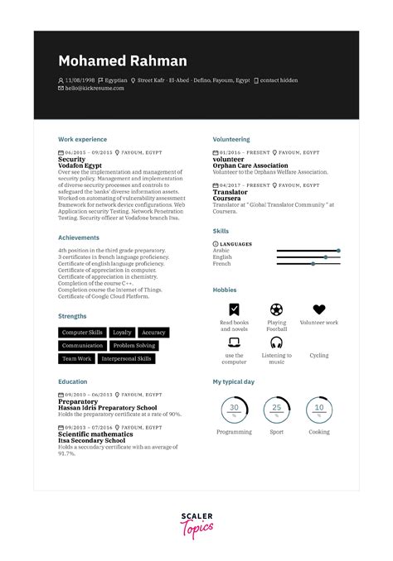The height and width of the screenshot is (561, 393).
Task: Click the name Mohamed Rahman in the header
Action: pyautogui.click(x=123, y=61)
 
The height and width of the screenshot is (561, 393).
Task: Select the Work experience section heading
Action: pyautogui.click(x=83, y=140)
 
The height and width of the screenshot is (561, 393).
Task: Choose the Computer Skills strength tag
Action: pyautogui.click(x=82, y=332)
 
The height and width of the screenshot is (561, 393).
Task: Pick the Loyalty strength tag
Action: pyautogui.click(x=122, y=332)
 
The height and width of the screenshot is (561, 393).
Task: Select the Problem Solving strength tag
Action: pyautogui.click(x=134, y=345)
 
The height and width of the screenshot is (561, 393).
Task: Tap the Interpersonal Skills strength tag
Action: pyautogui.click(x=126, y=359)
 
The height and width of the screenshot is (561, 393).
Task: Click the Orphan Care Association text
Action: pyautogui.click(x=250, y=165)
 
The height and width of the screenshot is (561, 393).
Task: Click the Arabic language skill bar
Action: pyautogui.click(x=307, y=250)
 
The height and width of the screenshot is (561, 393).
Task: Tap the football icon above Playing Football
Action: pyautogui.click(x=276, y=309)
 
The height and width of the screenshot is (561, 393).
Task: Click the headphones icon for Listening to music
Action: pyautogui.click(x=276, y=343)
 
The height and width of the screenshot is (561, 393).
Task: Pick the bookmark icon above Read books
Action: pyautogui.click(x=234, y=309)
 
